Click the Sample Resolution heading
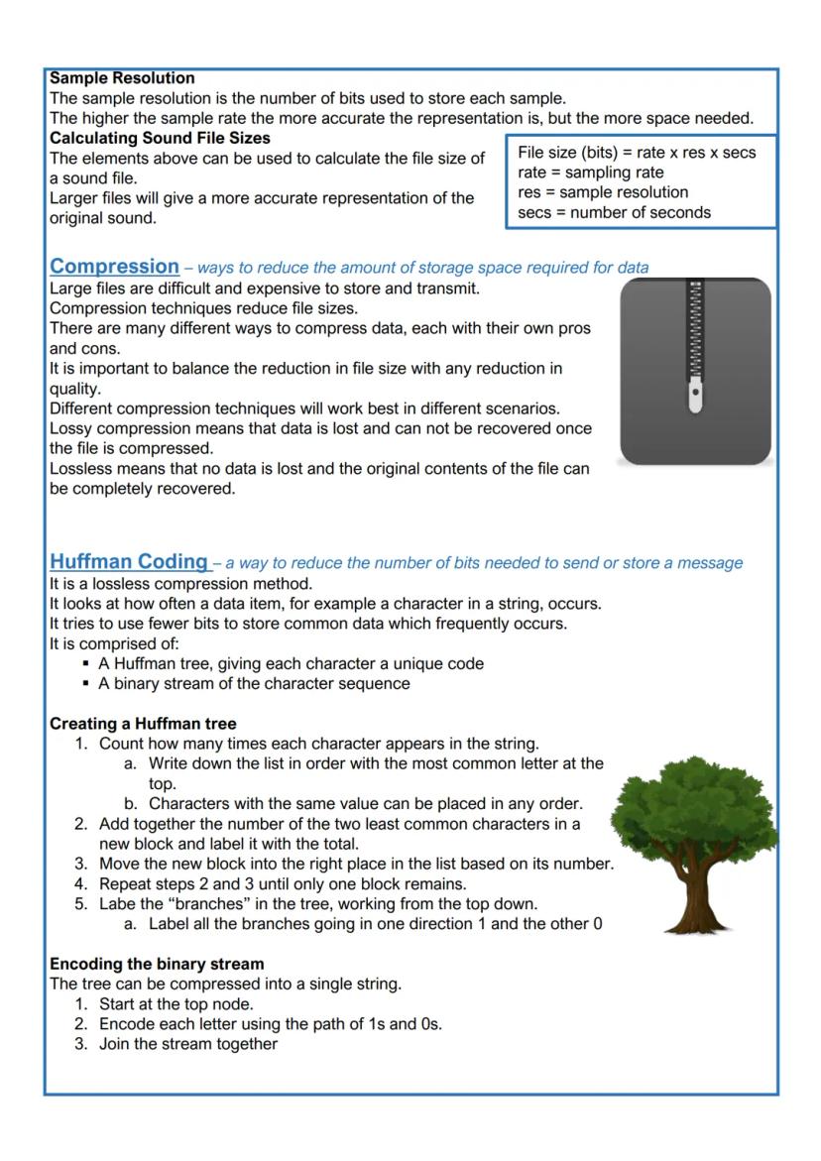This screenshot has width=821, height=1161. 122,77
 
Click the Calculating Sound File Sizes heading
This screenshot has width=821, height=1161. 160,138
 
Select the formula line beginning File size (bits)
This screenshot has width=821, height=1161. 637,153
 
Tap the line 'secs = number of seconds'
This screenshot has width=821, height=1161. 614,212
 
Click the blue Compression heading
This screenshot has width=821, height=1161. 114,267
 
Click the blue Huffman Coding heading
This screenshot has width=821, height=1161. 129,561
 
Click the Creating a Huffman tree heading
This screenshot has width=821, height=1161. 143,724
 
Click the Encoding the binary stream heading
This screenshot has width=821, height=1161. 157,964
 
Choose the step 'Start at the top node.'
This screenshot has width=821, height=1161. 176,1003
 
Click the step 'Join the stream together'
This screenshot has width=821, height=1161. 188,1043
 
